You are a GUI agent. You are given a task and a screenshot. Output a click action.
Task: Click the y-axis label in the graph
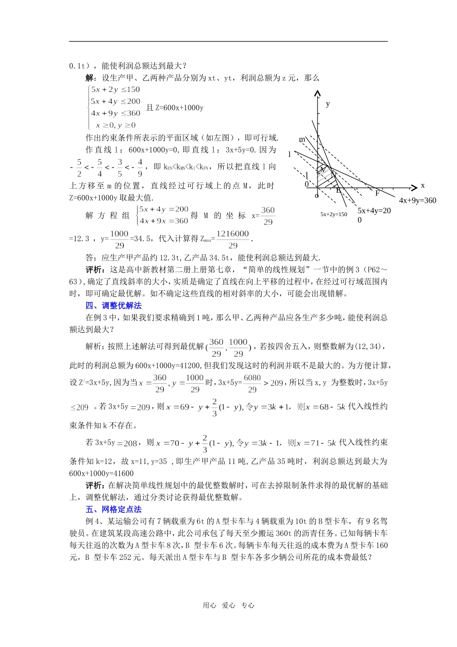coord(328,104)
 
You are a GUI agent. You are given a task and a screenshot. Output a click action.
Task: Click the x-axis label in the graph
coord(422,185)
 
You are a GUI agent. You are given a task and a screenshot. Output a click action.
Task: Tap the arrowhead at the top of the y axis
coord(317,92)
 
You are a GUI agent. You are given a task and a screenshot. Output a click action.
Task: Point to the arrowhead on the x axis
coord(414,187)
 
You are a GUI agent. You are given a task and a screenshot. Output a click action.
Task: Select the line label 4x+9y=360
coord(417,201)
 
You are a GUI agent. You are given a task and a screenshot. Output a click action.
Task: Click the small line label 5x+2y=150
coord(333,215)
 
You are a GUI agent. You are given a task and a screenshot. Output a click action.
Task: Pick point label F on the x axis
coord(377,193)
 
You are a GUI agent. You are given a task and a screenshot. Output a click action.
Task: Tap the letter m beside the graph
coord(302,140)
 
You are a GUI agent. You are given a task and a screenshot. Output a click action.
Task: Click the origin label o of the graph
coord(317,195)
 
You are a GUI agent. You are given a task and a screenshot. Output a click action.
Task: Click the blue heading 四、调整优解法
coord(114,306)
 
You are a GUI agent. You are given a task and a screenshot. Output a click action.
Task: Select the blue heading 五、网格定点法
coord(114,509)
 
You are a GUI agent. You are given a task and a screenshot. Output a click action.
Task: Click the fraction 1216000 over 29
coord(233,239)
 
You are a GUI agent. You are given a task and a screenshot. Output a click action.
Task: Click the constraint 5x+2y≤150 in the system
coord(115,90)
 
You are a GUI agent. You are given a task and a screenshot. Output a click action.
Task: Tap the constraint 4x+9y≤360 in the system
coord(115,114)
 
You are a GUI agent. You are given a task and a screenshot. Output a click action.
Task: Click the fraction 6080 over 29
coord(252,383)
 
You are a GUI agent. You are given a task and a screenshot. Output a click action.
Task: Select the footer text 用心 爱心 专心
coord(228,606)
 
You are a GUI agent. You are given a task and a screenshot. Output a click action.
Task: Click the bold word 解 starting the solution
coord(89,78)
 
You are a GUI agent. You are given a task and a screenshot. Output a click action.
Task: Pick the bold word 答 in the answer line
coord(89,258)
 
